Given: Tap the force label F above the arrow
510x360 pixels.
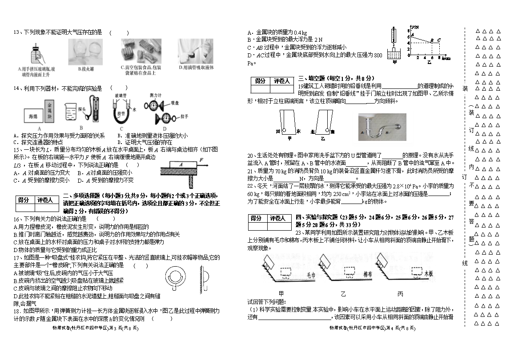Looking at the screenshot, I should (x=201, y=159).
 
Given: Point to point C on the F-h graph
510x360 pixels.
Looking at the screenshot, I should (x=438, y=40).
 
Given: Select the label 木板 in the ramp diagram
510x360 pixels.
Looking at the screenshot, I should (x=428, y=275).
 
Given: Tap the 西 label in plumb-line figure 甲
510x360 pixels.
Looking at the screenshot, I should (x=278, y=132).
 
